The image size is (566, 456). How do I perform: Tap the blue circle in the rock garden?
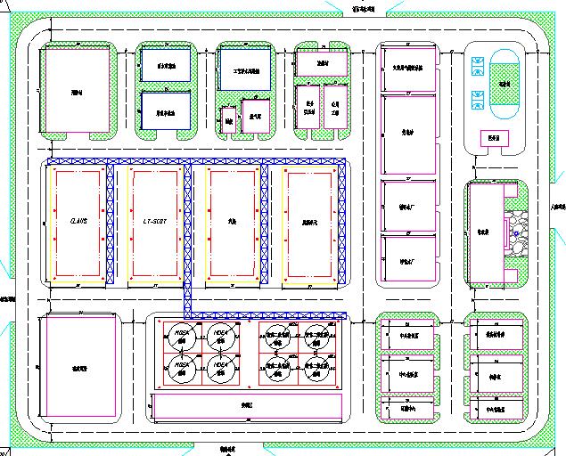(516, 233)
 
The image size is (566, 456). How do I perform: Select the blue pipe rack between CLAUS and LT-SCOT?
(111, 224)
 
